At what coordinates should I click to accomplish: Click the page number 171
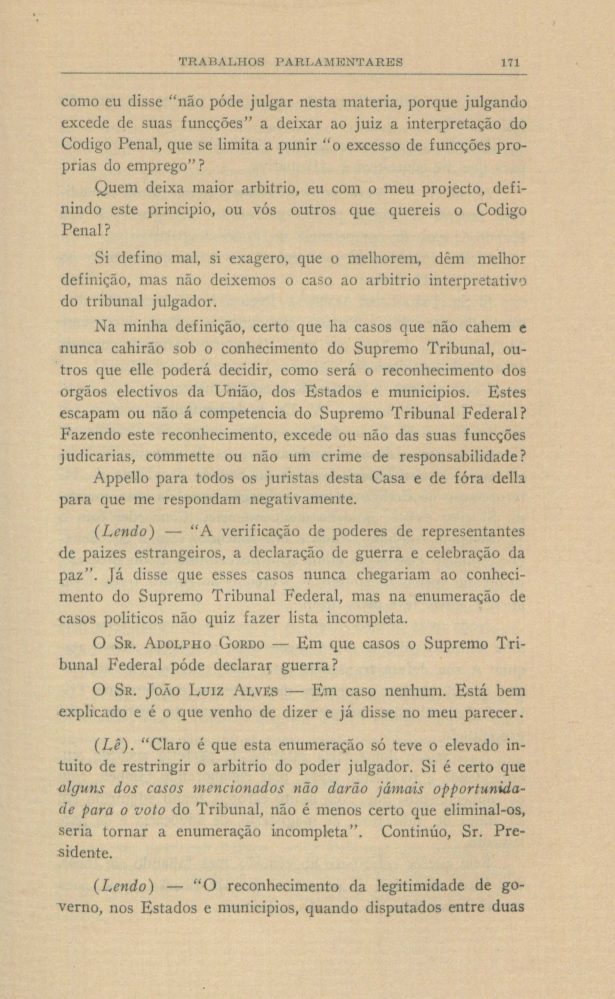pyautogui.click(x=509, y=63)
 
